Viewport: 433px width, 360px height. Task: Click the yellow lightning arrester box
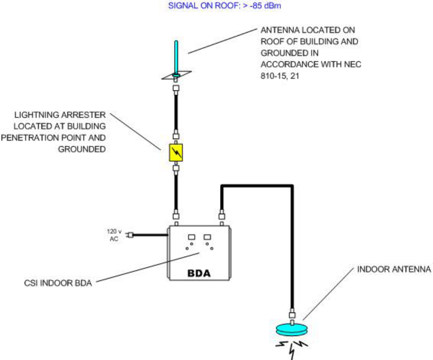coord(176,152)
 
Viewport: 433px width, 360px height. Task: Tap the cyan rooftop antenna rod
coord(176,56)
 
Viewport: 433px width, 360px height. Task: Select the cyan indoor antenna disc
coord(292,329)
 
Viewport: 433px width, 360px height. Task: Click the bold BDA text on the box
coord(199,273)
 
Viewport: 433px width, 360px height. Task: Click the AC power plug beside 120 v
coord(130,235)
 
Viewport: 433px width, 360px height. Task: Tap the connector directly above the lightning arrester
coord(176,137)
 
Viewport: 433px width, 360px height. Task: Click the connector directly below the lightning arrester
coord(176,168)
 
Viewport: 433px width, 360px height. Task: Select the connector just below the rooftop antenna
coord(176,88)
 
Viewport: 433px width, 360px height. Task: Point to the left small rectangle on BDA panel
coord(192,237)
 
